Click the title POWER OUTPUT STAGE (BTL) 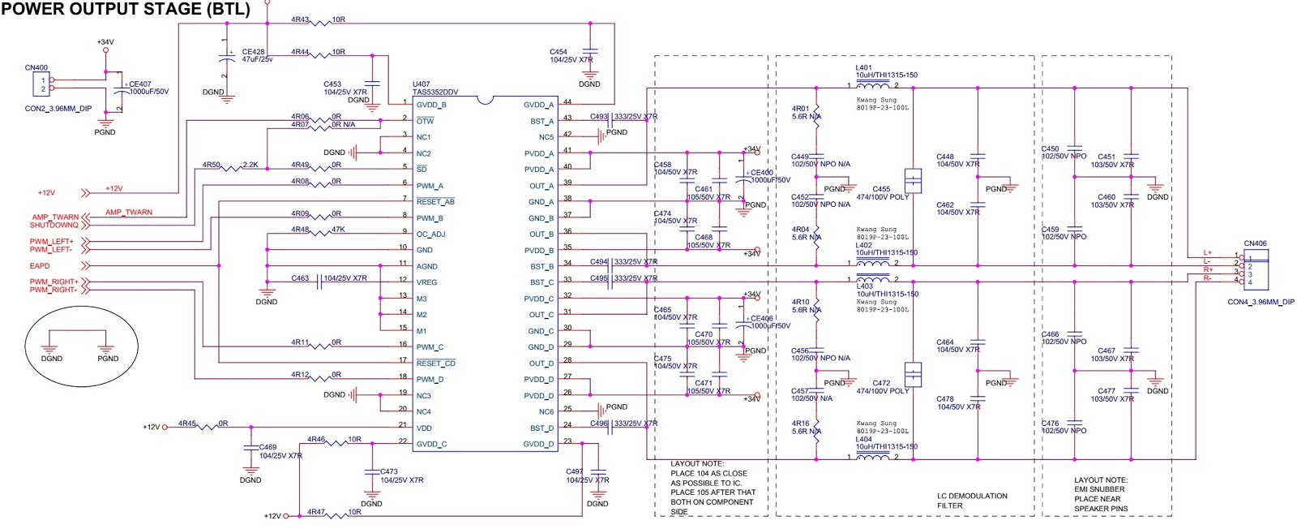(126, 10)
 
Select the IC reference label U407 (421, 84)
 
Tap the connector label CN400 (36, 68)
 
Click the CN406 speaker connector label (1255, 243)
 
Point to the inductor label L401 (864, 68)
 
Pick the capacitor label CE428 (253, 52)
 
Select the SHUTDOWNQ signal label (54, 226)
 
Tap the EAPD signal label (40, 266)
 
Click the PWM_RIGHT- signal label (54, 290)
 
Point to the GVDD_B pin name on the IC (431, 105)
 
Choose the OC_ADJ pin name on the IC (430, 234)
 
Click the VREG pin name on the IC (426, 282)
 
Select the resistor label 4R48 (300, 230)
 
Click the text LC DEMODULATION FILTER (972, 501)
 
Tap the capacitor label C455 (881, 189)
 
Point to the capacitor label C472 (881, 383)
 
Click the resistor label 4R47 (315, 512)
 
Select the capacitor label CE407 (140, 84)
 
